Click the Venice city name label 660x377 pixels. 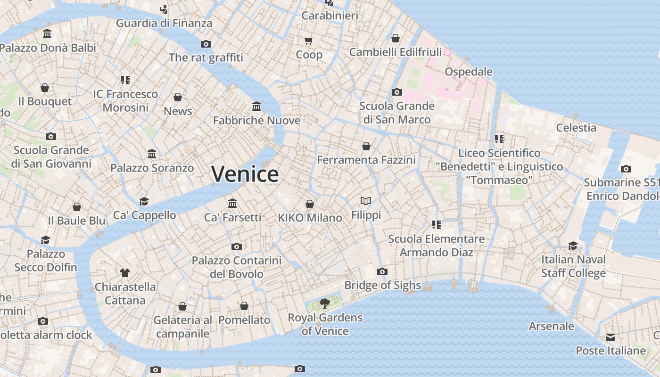(245, 174)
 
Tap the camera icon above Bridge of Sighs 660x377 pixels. (382, 271)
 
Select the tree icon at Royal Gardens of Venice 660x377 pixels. (324, 303)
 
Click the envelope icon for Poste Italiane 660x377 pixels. (610, 337)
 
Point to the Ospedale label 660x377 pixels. (469, 72)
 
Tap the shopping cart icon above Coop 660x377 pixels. (309, 41)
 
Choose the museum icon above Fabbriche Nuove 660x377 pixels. (256, 106)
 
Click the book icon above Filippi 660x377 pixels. (366, 201)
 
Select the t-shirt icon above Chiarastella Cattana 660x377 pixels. (125, 272)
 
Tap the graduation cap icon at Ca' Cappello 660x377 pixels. (144, 201)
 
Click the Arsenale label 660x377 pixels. (552, 326)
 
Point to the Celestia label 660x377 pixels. (576, 128)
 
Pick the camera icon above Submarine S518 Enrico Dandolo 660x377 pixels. (626, 169)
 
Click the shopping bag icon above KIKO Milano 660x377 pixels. (310, 204)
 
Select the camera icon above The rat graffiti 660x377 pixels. (206, 44)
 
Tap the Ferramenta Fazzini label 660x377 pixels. (366, 160)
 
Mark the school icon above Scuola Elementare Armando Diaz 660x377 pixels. (437, 225)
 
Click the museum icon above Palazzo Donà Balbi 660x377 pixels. (47, 34)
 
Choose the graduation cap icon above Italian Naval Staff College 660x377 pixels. (573, 246)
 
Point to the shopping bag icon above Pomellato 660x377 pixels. (244, 306)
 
